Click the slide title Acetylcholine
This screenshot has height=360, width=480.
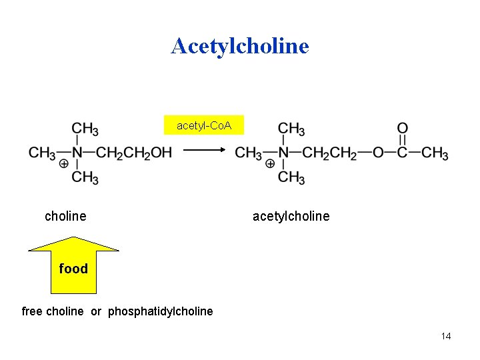240,46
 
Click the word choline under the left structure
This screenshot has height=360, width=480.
65,216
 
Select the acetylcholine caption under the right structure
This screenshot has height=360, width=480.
291,216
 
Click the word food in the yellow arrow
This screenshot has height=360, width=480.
73,269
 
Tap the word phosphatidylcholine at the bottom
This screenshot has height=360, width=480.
161,311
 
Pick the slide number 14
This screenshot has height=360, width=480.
446,336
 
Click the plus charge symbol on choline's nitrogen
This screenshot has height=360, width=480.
64,163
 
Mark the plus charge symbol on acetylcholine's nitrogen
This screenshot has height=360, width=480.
270,163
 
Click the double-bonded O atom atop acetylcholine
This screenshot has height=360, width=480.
403,128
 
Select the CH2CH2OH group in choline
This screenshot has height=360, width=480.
134,153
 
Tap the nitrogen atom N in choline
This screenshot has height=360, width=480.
78,153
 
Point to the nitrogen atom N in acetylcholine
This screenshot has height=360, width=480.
284,153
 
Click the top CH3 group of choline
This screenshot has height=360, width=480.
85,129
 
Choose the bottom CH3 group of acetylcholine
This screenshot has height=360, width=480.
291,177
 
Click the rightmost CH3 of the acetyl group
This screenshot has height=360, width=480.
435,153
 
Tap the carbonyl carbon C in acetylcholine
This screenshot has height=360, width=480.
403,153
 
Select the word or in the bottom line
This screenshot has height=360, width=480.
96,311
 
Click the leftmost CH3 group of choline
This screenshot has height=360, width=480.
42,153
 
